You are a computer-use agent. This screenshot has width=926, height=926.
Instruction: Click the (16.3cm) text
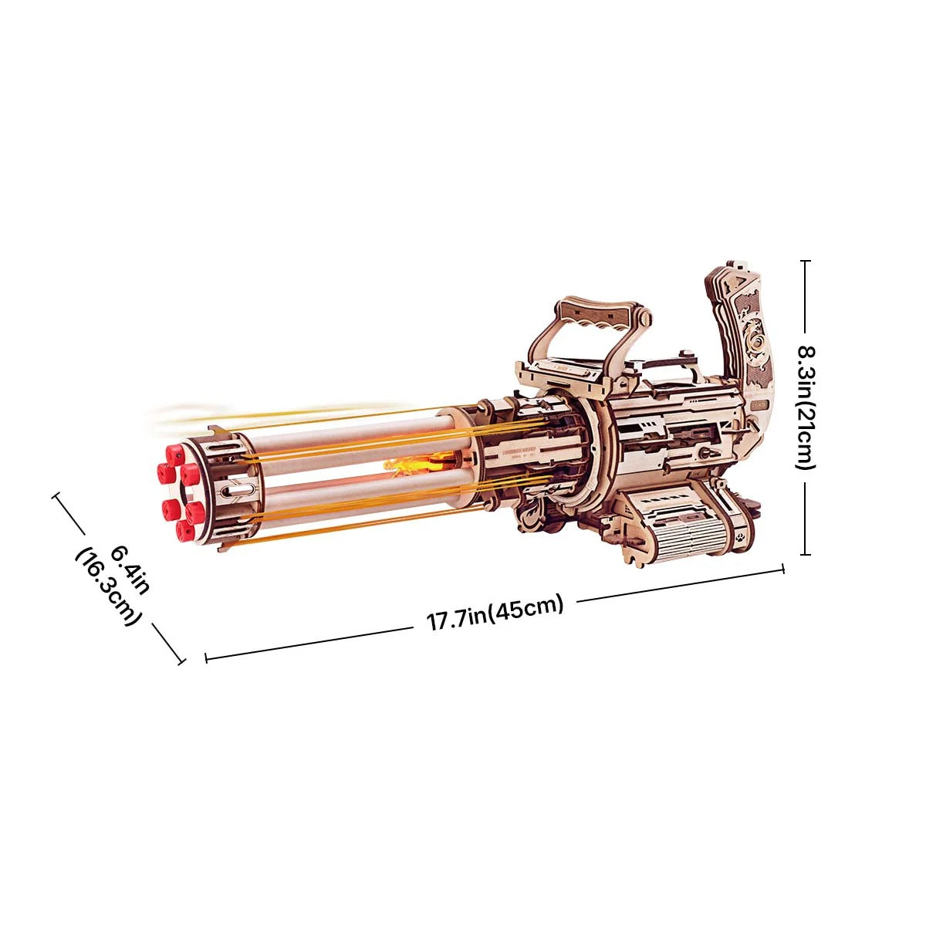click(109, 586)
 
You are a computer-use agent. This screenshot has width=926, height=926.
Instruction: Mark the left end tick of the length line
click(206, 658)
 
